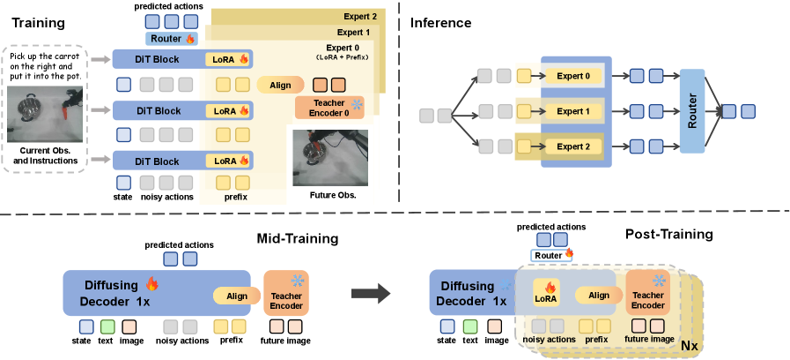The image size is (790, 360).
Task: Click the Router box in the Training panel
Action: click(x=172, y=38)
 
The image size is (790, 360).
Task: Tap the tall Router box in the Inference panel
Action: click(x=692, y=111)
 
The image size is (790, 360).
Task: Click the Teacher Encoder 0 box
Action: click(x=329, y=108)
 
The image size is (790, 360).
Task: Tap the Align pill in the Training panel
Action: click(x=280, y=85)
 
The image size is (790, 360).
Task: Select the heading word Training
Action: click(x=38, y=23)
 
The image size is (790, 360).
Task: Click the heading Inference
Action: click(x=440, y=23)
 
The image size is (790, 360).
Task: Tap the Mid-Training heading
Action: click(x=298, y=238)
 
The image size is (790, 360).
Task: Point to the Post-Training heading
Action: click(x=669, y=235)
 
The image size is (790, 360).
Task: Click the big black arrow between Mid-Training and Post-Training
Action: click(x=370, y=294)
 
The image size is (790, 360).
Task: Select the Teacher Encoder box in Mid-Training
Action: click(x=287, y=293)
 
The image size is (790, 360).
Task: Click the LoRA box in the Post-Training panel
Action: click(x=546, y=293)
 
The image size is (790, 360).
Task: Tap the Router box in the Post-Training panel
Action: click(x=551, y=256)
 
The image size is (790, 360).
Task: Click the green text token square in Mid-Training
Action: click(x=107, y=326)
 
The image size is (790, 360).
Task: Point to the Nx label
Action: click(x=690, y=346)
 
